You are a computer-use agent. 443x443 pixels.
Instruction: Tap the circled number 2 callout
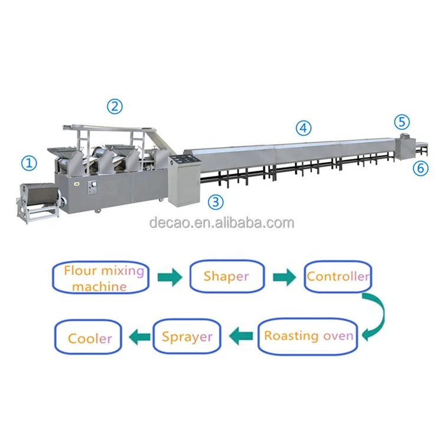pyautogui.click(x=114, y=106)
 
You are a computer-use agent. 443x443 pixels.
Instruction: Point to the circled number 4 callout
pyautogui.click(x=303, y=126)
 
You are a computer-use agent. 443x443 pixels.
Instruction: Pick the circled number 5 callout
pyautogui.click(x=402, y=122)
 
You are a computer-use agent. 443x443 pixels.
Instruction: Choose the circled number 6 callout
pyautogui.click(x=421, y=168)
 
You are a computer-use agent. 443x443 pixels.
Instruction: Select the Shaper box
pyautogui.click(x=226, y=276)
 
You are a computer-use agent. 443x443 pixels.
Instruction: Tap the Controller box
pyautogui.click(x=338, y=276)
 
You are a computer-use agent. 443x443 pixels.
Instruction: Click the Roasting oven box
pyautogui.click(x=308, y=336)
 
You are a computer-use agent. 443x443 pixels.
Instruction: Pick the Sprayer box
pyautogui.click(x=187, y=337)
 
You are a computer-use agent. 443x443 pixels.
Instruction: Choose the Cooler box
pyautogui.click(x=89, y=338)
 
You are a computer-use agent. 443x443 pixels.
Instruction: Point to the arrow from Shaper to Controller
pyautogui.click(x=284, y=276)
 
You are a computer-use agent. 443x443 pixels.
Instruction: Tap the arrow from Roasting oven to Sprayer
pyautogui.click(x=241, y=337)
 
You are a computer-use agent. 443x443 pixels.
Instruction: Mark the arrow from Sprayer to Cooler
pyautogui.click(x=139, y=337)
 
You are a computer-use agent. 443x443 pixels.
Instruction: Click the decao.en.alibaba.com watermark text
pyautogui.click(x=221, y=223)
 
